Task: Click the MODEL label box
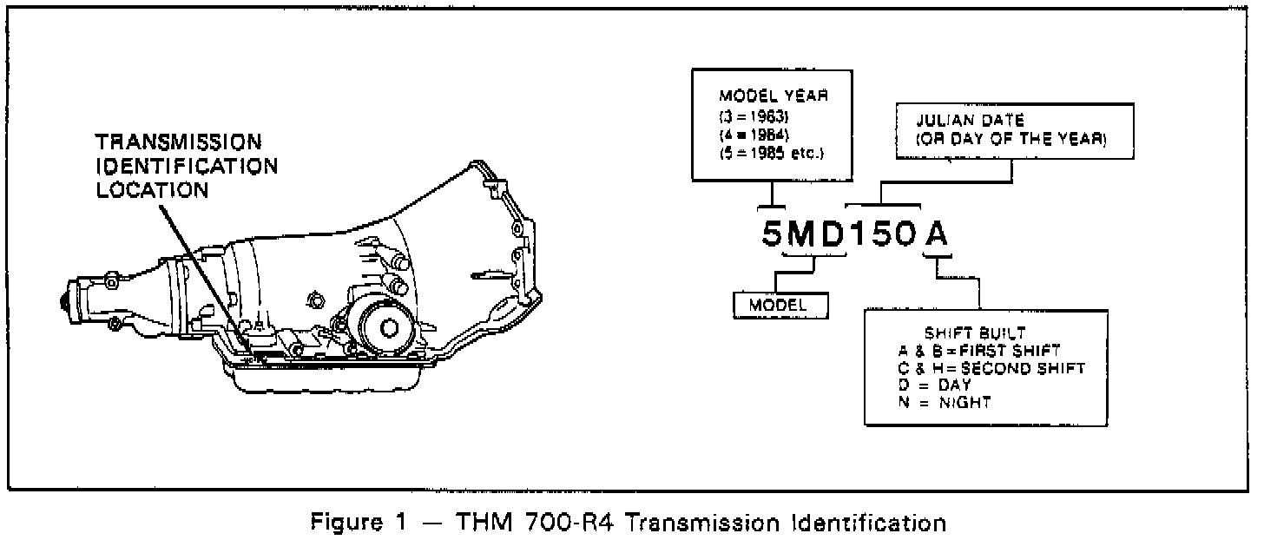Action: point(779,305)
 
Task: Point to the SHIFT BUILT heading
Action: point(964,333)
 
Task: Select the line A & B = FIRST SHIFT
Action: point(978,351)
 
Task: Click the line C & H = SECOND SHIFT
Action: point(991,368)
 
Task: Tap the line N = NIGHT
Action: point(945,402)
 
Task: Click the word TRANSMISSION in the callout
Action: point(179,142)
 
